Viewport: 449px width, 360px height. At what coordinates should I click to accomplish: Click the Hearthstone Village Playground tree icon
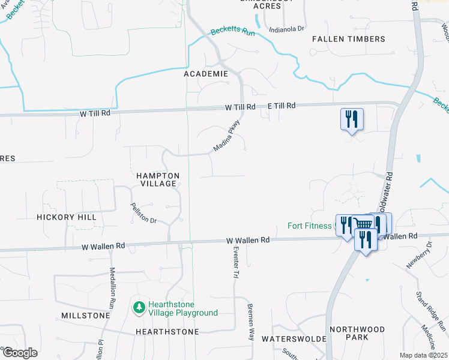tap(139, 308)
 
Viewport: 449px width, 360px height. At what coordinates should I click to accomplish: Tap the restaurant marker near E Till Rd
tap(351, 119)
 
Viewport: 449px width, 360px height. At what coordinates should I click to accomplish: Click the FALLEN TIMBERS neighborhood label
tap(349, 39)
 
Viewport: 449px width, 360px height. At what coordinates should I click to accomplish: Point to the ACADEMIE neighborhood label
tap(206, 74)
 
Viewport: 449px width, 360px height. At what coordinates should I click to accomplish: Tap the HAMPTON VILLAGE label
tap(157, 179)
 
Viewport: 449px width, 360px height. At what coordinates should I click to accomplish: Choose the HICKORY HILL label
tap(66, 217)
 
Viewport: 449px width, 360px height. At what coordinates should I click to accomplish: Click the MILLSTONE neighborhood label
tap(86, 316)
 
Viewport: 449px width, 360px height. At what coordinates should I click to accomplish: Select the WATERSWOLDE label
tap(294, 339)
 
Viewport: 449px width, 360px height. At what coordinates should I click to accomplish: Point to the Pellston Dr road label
tap(143, 213)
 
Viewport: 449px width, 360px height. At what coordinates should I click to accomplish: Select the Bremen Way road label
tap(252, 322)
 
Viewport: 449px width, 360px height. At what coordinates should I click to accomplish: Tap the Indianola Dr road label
tap(287, 28)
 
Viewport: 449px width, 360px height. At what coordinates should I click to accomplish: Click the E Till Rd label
tap(282, 106)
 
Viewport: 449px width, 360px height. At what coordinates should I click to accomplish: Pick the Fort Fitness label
tap(310, 226)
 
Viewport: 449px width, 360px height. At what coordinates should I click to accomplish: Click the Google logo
tap(20, 352)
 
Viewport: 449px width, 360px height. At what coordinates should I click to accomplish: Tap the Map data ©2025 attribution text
tap(423, 355)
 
